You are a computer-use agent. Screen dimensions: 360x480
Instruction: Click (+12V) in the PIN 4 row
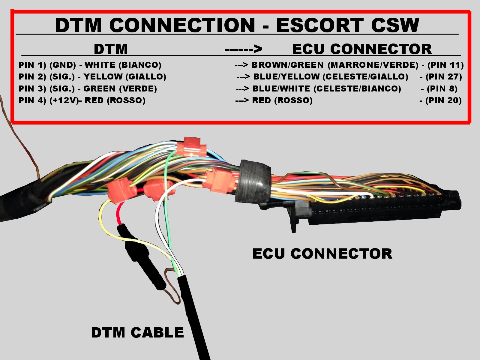[64, 100]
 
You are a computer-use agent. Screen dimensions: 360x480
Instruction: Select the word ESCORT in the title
[320, 25]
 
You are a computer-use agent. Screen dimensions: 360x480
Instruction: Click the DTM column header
[111, 49]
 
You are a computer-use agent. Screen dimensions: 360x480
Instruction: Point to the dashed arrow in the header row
[243, 49]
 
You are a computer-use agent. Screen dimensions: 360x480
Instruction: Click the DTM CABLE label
[137, 333]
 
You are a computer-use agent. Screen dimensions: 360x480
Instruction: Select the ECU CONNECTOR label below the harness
[322, 253]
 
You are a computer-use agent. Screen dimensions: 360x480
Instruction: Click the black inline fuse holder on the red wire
[141, 258]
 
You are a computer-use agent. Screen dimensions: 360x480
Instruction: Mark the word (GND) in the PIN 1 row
[63, 65]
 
